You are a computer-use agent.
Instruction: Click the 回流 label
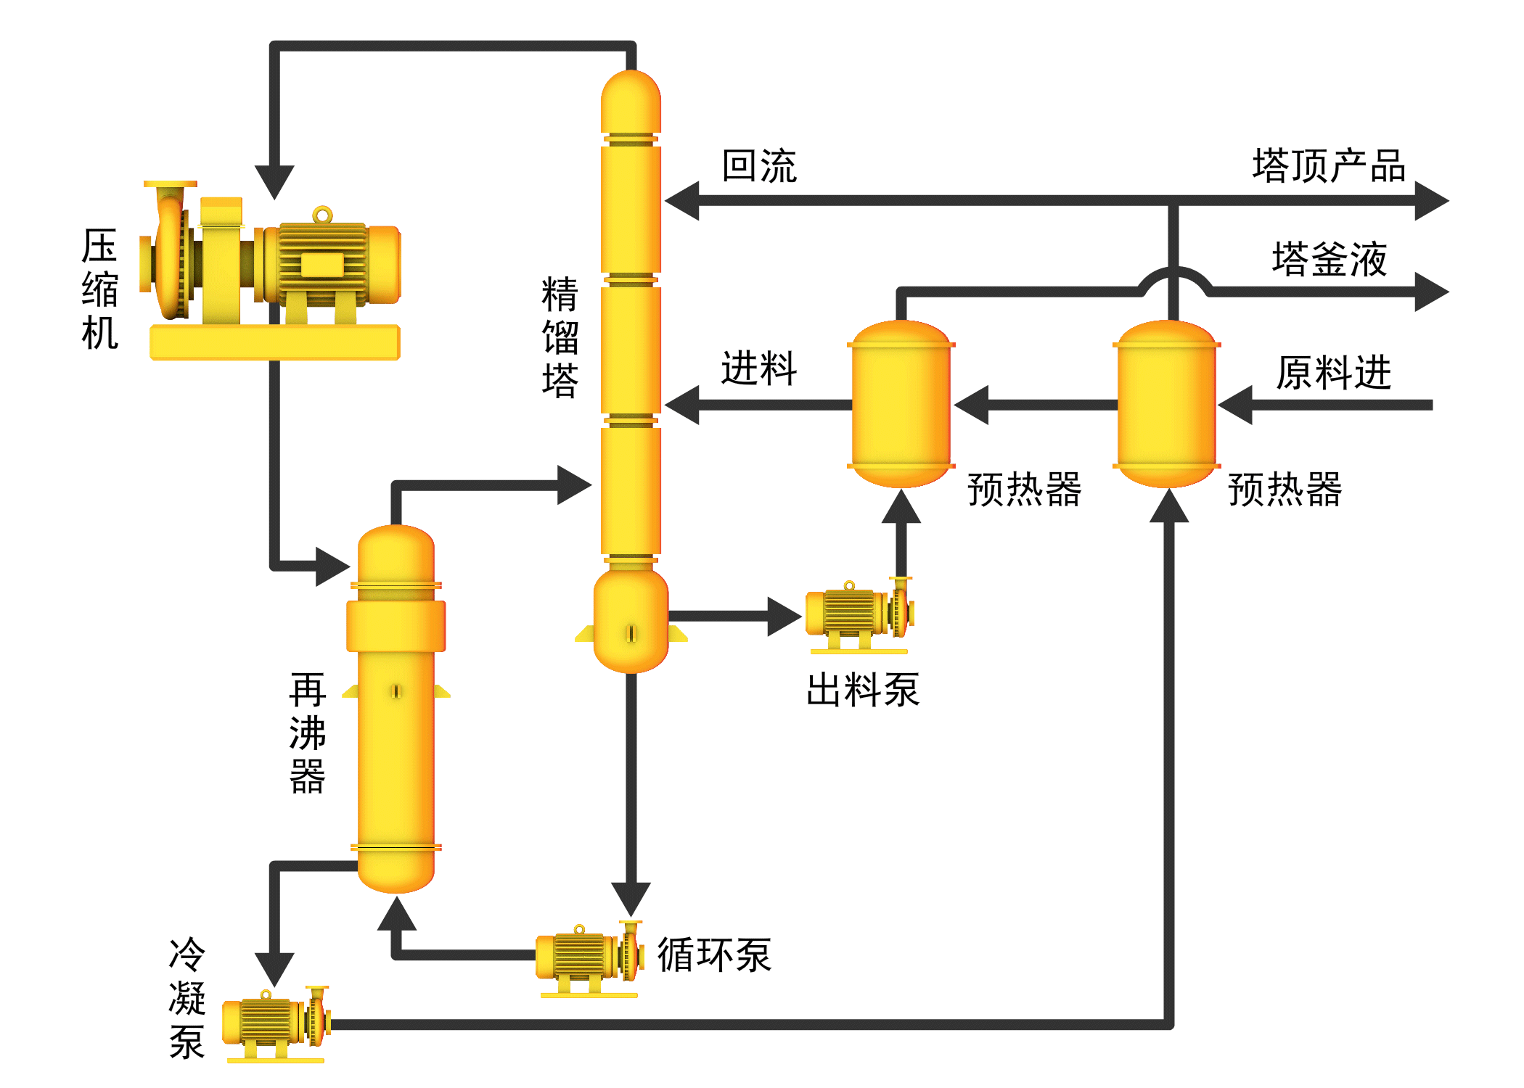pos(759,166)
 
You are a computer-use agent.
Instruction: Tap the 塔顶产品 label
pos(1328,166)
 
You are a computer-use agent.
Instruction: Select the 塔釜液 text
pos(1329,259)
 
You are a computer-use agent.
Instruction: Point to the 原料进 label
pos(1333,373)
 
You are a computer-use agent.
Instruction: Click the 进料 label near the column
pos(759,368)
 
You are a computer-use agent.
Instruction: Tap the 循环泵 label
pos(714,955)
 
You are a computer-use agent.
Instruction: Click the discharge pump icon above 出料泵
pos(859,615)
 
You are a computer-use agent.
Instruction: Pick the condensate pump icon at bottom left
pos(276,1023)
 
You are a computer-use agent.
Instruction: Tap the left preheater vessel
pos(901,404)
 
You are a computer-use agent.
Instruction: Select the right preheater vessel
pos(1166,404)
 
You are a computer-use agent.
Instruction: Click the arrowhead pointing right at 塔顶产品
pos(1430,200)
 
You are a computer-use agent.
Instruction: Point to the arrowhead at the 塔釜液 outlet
pos(1430,292)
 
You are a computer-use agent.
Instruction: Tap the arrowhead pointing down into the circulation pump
pos(631,897)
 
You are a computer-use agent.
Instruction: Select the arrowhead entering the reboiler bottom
pos(397,914)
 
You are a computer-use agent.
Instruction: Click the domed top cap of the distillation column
pos(631,98)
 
